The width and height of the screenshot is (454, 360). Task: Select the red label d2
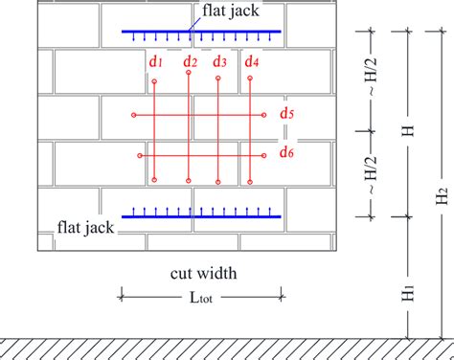[x=192, y=62]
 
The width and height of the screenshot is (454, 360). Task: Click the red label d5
[x=286, y=115]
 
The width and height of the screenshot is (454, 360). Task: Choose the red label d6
[x=286, y=151]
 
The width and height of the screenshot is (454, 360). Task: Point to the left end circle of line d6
[x=140, y=155]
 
